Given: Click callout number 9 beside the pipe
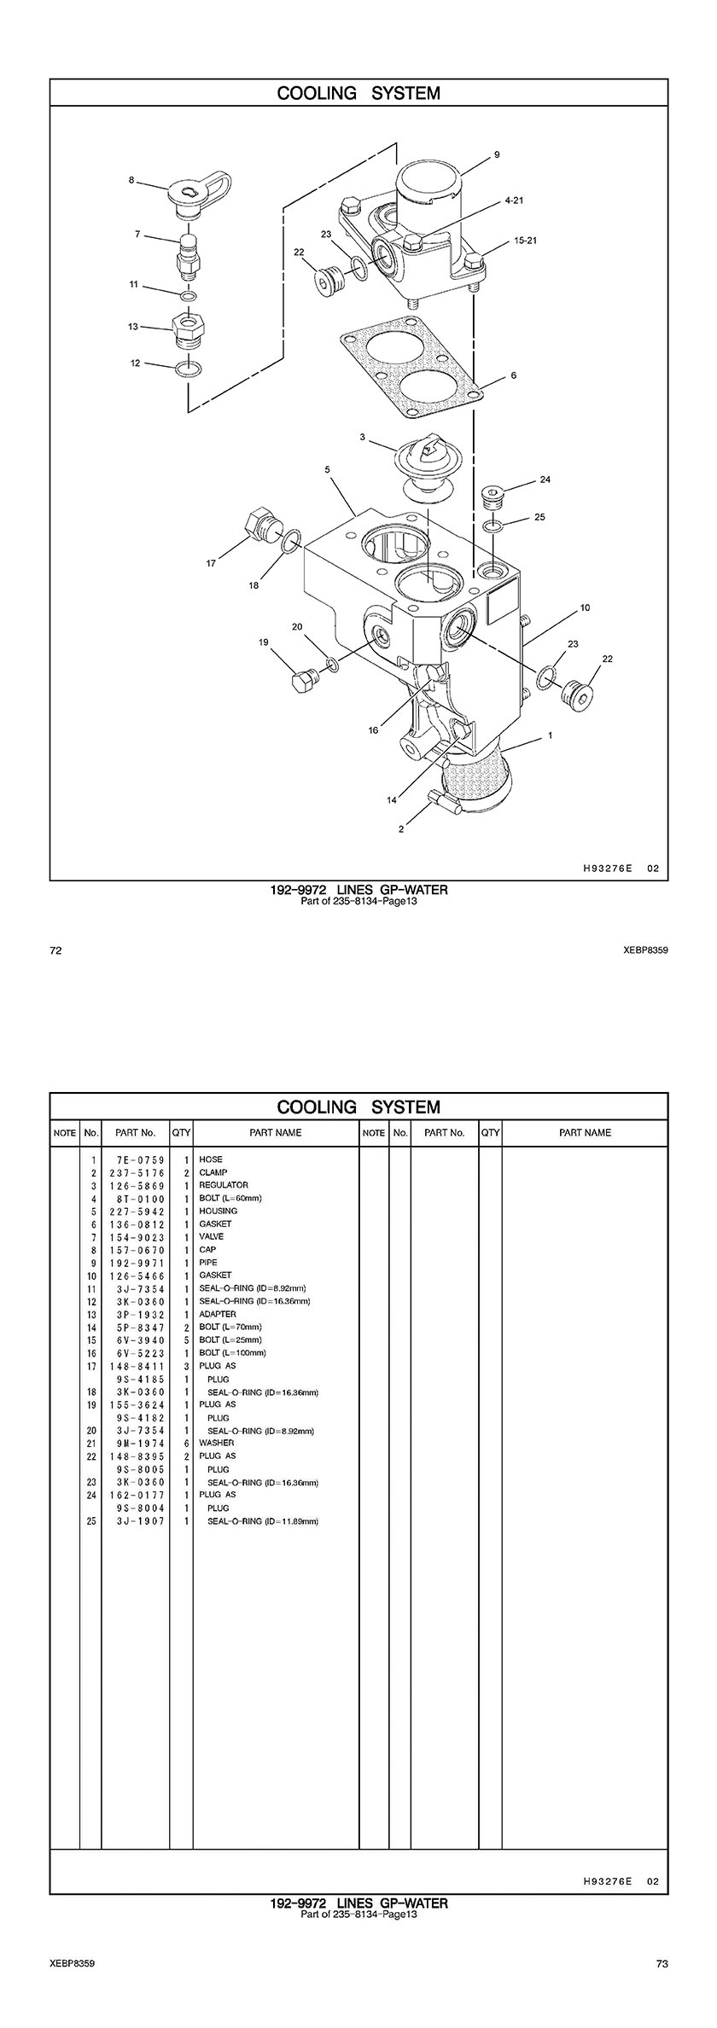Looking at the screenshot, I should pyautogui.click(x=497, y=154).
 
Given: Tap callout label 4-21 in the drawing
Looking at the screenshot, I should pyautogui.click(x=514, y=200).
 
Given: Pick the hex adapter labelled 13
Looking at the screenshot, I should pyautogui.click(x=190, y=328).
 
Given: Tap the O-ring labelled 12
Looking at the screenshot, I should pyautogui.click(x=189, y=369).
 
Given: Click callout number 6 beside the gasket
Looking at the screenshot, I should pyautogui.click(x=513, y=375).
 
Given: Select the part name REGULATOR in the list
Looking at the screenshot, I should pyautogui.click(x=224, y=1185).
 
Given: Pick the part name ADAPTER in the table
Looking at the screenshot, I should pyautogui.click(x=218, y=1314).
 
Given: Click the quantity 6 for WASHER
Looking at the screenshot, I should pyautogui.click(x=185, y=1443).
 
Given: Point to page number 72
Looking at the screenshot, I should pyautogui.click(x=56, y=950).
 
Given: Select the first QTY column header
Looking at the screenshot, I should pyautogui.click(x=181, y=1133).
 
